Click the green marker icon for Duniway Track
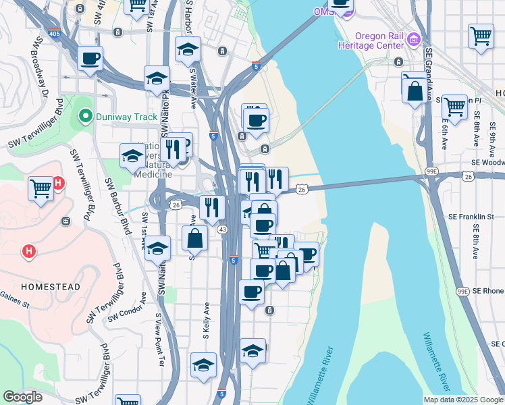click(84, 116)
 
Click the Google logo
click(22, 398)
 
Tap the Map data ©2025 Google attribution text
click(463, 400)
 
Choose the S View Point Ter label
click(159, 340)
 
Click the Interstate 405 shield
click(55, 32)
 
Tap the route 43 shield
click(222, 230)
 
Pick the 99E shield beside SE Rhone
click(462, 291)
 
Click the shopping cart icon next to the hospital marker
click(41, 188)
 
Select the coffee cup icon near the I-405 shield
click(90, 58)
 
